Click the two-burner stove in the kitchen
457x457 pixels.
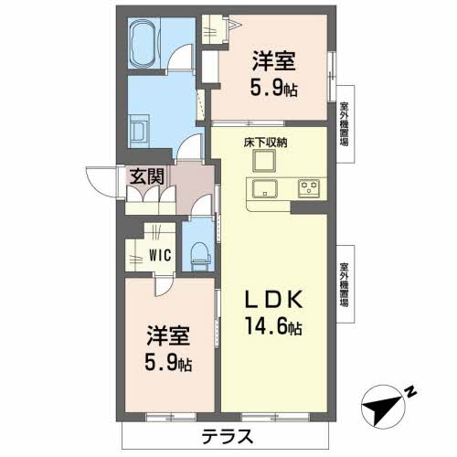tap(309, 190)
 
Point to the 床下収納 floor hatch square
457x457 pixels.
tap(264, 162)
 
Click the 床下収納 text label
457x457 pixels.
tap(264, 143)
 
